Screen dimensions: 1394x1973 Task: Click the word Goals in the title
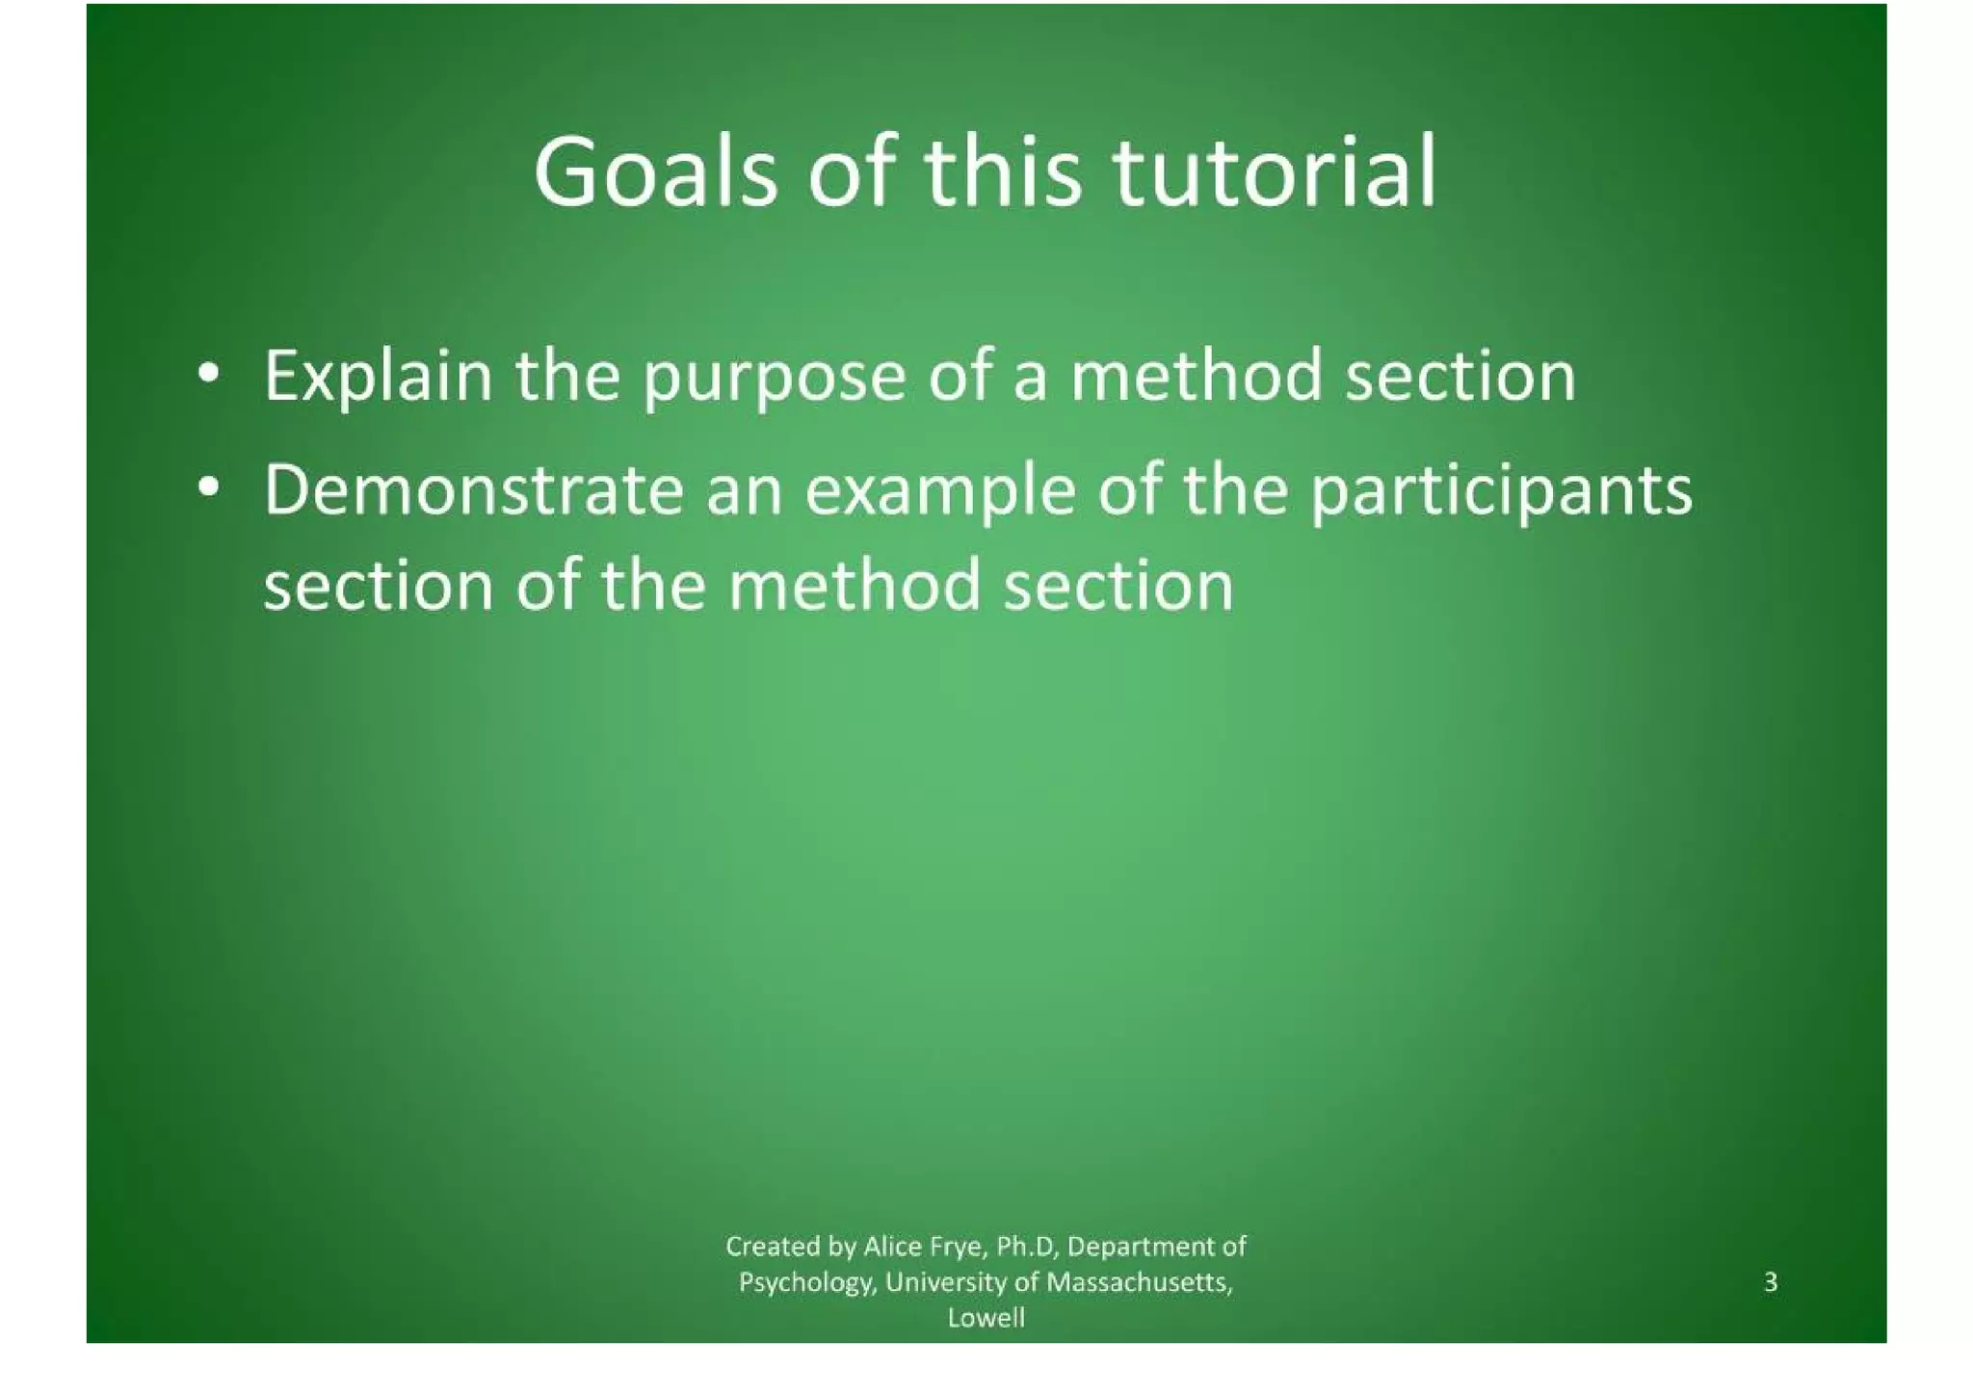click(x=655, y=173)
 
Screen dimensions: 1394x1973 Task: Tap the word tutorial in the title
click(x=1275, y=173)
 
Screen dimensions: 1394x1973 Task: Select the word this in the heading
click(x=1003, y=173)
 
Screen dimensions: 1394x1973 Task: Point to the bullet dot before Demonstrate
click(x=206, y=488)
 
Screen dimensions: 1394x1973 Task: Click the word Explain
click(x=378, y=378)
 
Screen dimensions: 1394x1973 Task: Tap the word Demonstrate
click(x=473, y=490)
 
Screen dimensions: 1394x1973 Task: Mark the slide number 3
click(x=1770, y=1282)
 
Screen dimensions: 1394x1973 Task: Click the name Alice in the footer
click(x=893, y=1247)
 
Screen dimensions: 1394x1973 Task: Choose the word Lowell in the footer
click(x=986, y=1318)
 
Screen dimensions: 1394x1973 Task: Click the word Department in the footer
click(x=1143, y=1248)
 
